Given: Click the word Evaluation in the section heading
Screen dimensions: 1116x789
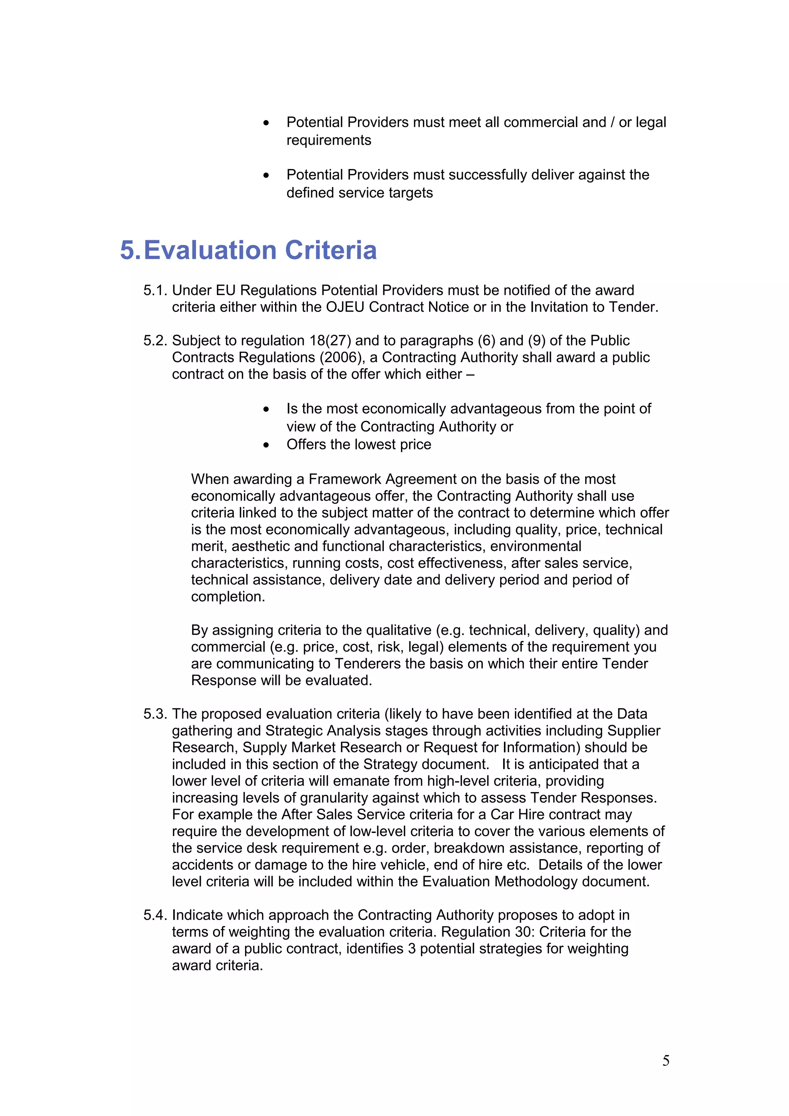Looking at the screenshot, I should (210, 250).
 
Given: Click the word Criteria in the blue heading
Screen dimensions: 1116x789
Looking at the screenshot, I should (331, 250).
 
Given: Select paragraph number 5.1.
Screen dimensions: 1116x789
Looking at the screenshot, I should (155, 290).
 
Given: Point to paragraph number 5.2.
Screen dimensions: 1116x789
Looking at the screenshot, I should (155, 340).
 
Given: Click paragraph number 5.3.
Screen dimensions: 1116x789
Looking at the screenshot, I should (155, 714).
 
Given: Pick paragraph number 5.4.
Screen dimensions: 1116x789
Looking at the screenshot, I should (155, 915).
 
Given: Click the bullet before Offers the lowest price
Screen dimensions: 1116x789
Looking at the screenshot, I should (266, 445).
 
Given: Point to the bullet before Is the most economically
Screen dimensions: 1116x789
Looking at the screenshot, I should (266, 409).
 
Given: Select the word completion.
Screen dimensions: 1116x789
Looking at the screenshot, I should (228, 597).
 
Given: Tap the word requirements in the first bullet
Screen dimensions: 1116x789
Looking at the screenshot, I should (329, 140).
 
